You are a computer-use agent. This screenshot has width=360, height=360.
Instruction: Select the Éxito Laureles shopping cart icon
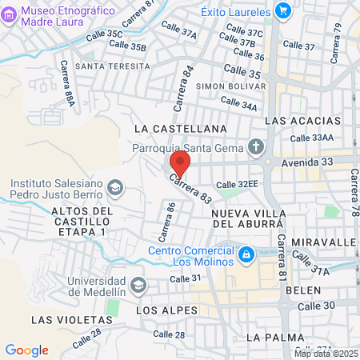pos(282,10)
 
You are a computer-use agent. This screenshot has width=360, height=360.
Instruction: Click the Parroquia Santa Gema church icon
pos(255,146)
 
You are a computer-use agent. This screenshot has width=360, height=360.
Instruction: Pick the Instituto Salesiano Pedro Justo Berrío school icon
pos(115,186)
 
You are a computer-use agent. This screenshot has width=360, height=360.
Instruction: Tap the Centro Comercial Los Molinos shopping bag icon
pos(247,255)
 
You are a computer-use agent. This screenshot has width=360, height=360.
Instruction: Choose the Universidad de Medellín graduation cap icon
pos(138,285)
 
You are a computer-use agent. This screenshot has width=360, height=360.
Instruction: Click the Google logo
pos(26,350)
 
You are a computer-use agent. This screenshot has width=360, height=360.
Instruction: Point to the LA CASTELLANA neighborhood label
pos(181,128)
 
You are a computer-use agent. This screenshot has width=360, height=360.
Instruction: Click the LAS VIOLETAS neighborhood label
pos(65,319)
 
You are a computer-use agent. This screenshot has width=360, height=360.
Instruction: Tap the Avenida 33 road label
pos(310,162)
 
